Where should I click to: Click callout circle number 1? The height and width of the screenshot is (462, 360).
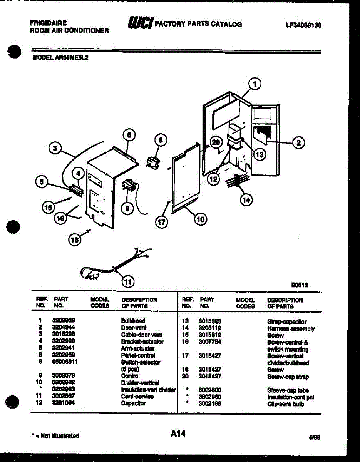254,84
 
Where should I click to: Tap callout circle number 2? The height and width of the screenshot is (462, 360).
298,142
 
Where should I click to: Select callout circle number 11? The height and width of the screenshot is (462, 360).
127,281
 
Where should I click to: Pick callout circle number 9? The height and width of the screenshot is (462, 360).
127,208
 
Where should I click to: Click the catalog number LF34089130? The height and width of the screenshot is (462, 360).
303,25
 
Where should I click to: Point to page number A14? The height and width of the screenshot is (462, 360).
178,434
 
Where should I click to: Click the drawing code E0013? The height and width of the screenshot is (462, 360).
299,285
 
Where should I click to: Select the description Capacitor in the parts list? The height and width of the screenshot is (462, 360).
133,403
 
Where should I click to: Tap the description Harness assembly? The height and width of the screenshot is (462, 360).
291,328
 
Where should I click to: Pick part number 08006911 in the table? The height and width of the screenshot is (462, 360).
66,362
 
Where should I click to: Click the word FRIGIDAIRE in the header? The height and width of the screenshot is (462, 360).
48,23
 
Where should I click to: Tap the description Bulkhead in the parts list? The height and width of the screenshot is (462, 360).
133,321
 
